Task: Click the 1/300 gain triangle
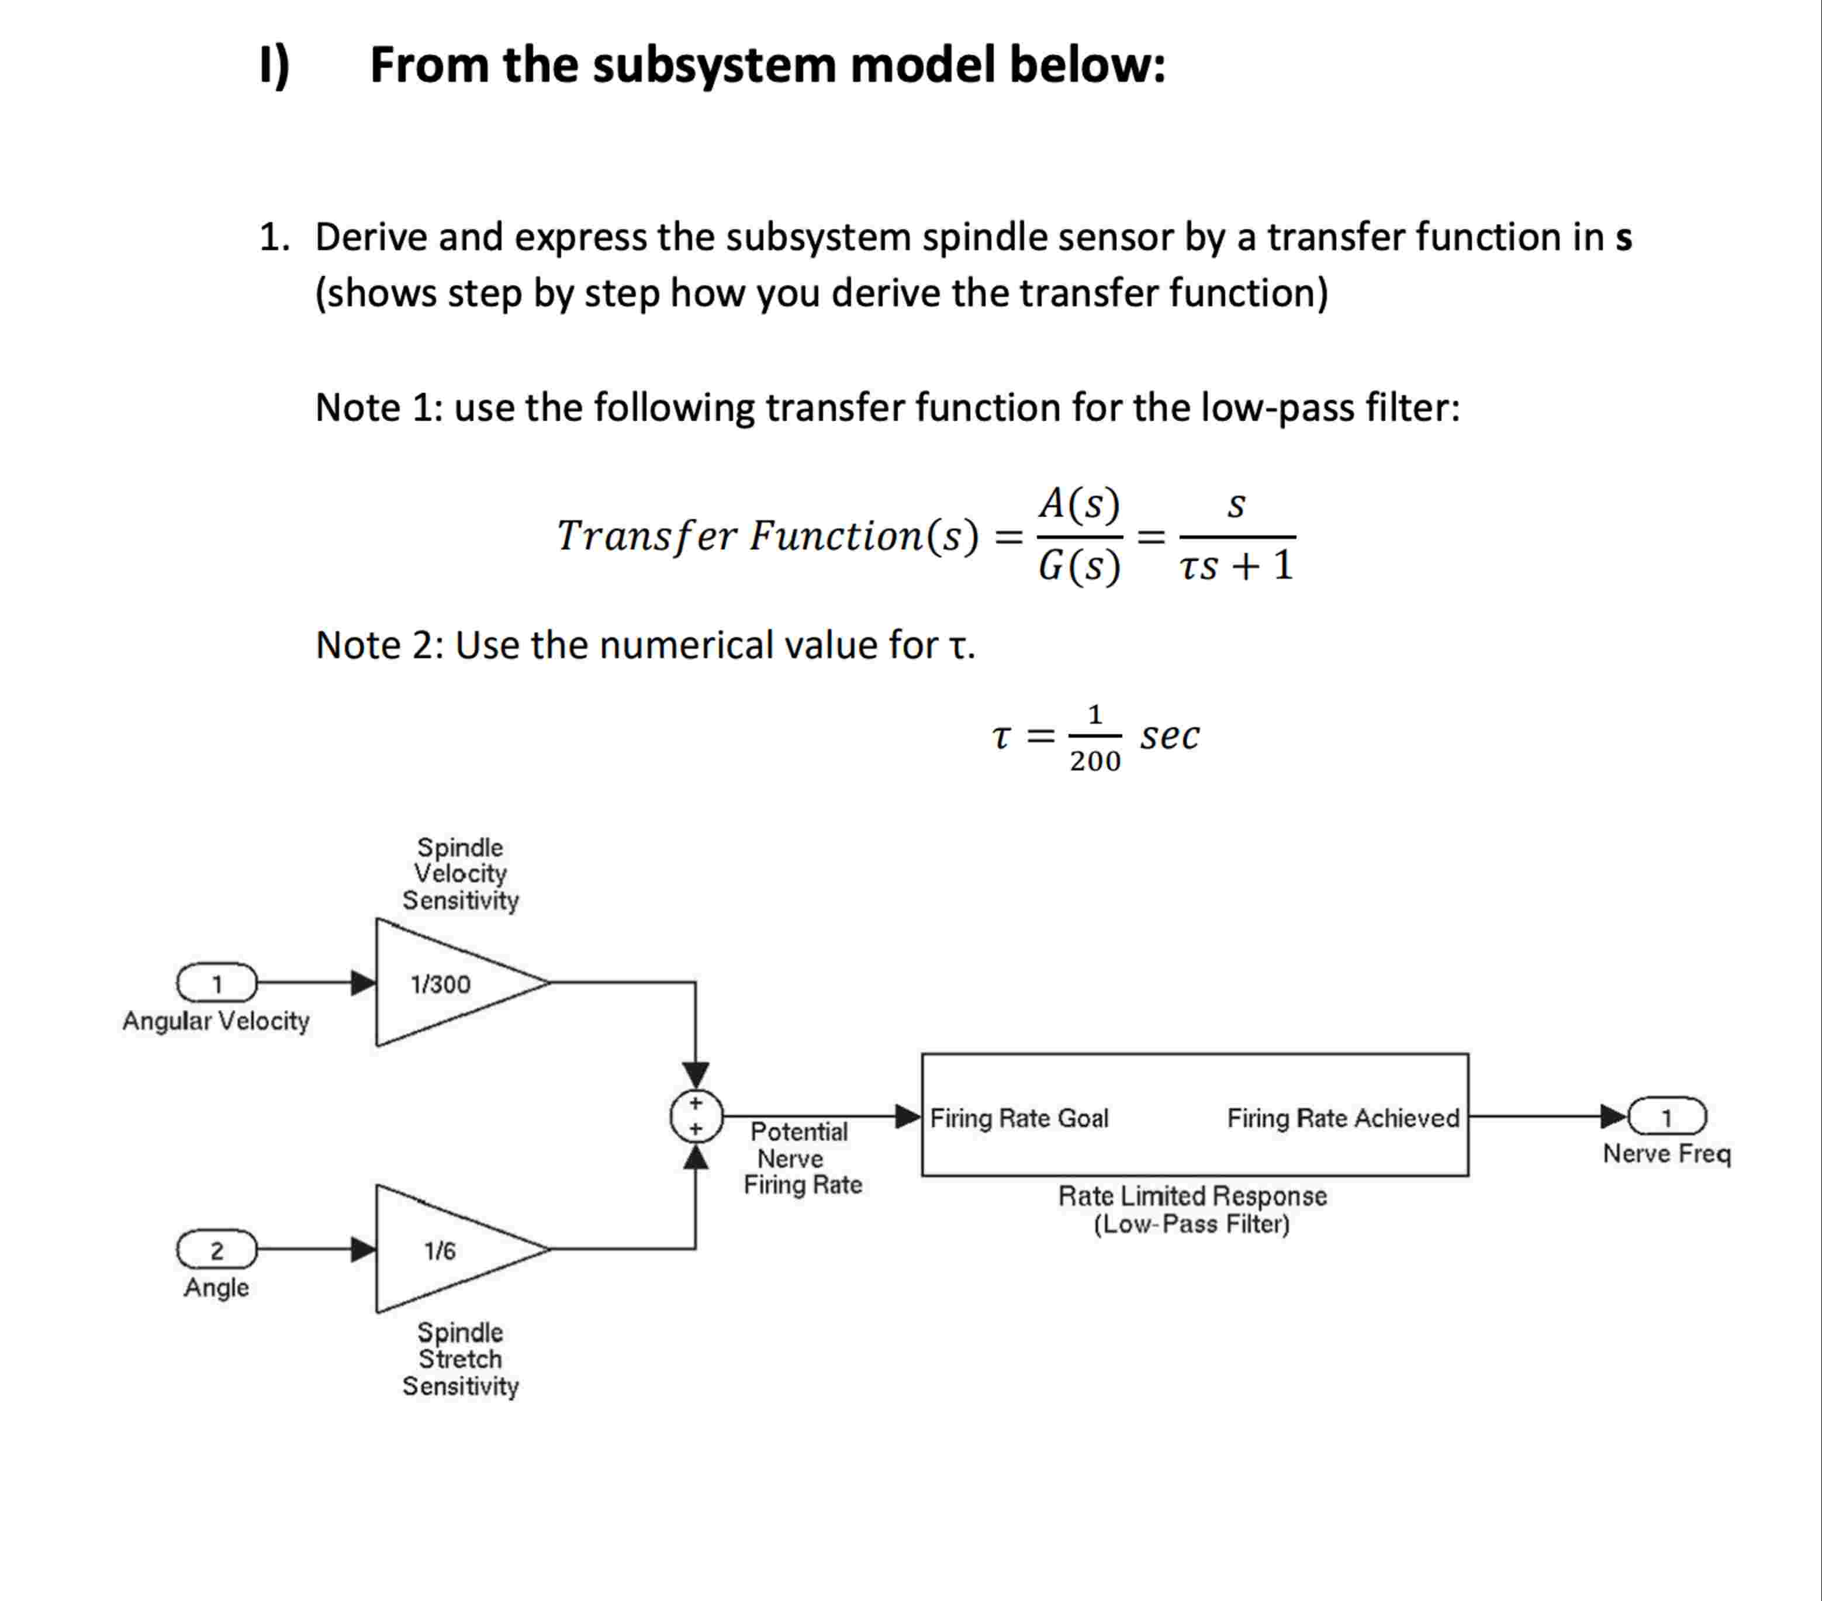point(450,983)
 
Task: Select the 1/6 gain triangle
point(450,1249)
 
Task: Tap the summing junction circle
point(695,1116)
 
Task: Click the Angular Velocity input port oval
point(217,983)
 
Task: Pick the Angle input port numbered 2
point(217,1250)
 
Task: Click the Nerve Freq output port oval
point(1666,1116)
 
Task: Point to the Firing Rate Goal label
point(1019,1118)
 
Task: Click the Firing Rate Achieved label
point(1343,1118)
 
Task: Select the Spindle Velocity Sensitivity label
point(460,874)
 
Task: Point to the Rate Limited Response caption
point(1192,1195)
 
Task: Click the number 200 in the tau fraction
point(1095,761)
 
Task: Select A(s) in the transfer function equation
point(1078,504)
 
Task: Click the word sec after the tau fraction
point(1170,735)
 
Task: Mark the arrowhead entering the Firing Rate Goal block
point(907,1116)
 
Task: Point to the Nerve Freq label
point(1666,1153)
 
